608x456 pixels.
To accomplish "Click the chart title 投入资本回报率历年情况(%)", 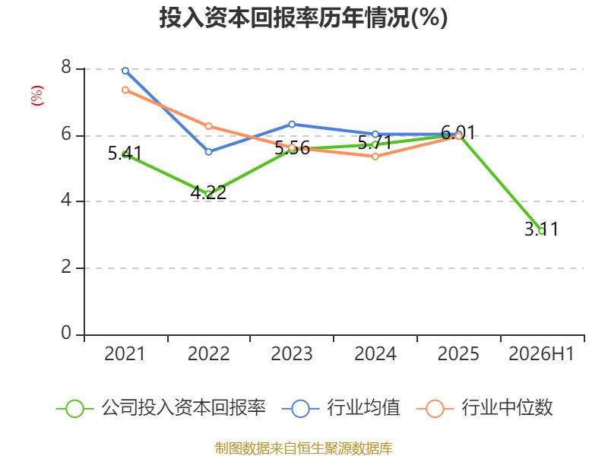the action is [x=303, y=17].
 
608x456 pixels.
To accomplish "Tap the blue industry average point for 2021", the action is [x=125, y=71].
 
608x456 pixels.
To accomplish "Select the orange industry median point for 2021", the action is [x=125, y=90].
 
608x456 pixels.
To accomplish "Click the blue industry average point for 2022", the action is [x=208, y=151].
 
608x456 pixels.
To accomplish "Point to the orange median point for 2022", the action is [x=208, y=126].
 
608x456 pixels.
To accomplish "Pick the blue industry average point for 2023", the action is [x=292, y=124].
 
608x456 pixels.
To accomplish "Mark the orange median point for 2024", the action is [x=375, y=157].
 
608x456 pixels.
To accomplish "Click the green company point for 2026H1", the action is [x=542, y=231].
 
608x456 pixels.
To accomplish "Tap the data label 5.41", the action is [x=125, y=154].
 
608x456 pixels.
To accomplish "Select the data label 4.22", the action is [x=208, y=193].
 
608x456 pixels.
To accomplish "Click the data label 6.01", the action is [x=458, y=133].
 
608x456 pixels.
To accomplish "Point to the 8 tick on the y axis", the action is [x=66, y=68].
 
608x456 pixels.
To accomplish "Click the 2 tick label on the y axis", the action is [x=66, y=267].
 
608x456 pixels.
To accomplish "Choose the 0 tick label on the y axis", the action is [x=66, y=333].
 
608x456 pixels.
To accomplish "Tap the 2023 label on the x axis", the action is [x=292, y=354].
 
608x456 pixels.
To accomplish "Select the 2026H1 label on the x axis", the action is [x=541, y=354].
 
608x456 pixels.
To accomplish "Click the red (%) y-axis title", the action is [x=37, y=96].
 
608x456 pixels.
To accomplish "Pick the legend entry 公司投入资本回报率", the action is [x=161, y=408].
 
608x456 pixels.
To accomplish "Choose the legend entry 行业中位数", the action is [x=485, y=408].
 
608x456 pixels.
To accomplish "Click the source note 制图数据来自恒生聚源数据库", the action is [x=304, y=448].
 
